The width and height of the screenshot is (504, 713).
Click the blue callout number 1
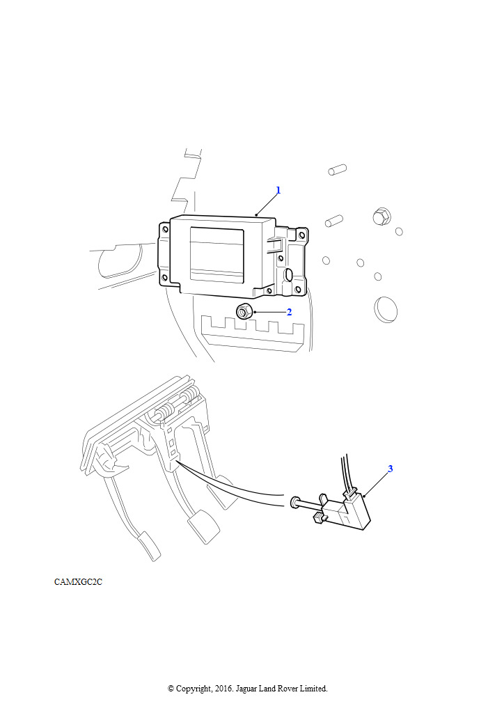click(x=278, y=190)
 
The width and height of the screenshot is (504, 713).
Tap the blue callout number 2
click(x=289, y=311)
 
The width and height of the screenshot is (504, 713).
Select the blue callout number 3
click(x=390, y=469)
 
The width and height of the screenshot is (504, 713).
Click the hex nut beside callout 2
click(x=243, y=311)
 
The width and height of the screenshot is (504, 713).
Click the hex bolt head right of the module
click(x=381, y=216)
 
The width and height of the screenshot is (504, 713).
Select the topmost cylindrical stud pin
click(x=337, y=169)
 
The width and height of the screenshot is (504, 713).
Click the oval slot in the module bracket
click(x=289, y=276)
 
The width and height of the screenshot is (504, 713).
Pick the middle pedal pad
click(x=205, y=526)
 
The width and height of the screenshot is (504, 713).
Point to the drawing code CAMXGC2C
click(x=78, y=581)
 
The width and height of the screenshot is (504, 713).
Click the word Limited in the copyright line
click(x=313, y=689)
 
